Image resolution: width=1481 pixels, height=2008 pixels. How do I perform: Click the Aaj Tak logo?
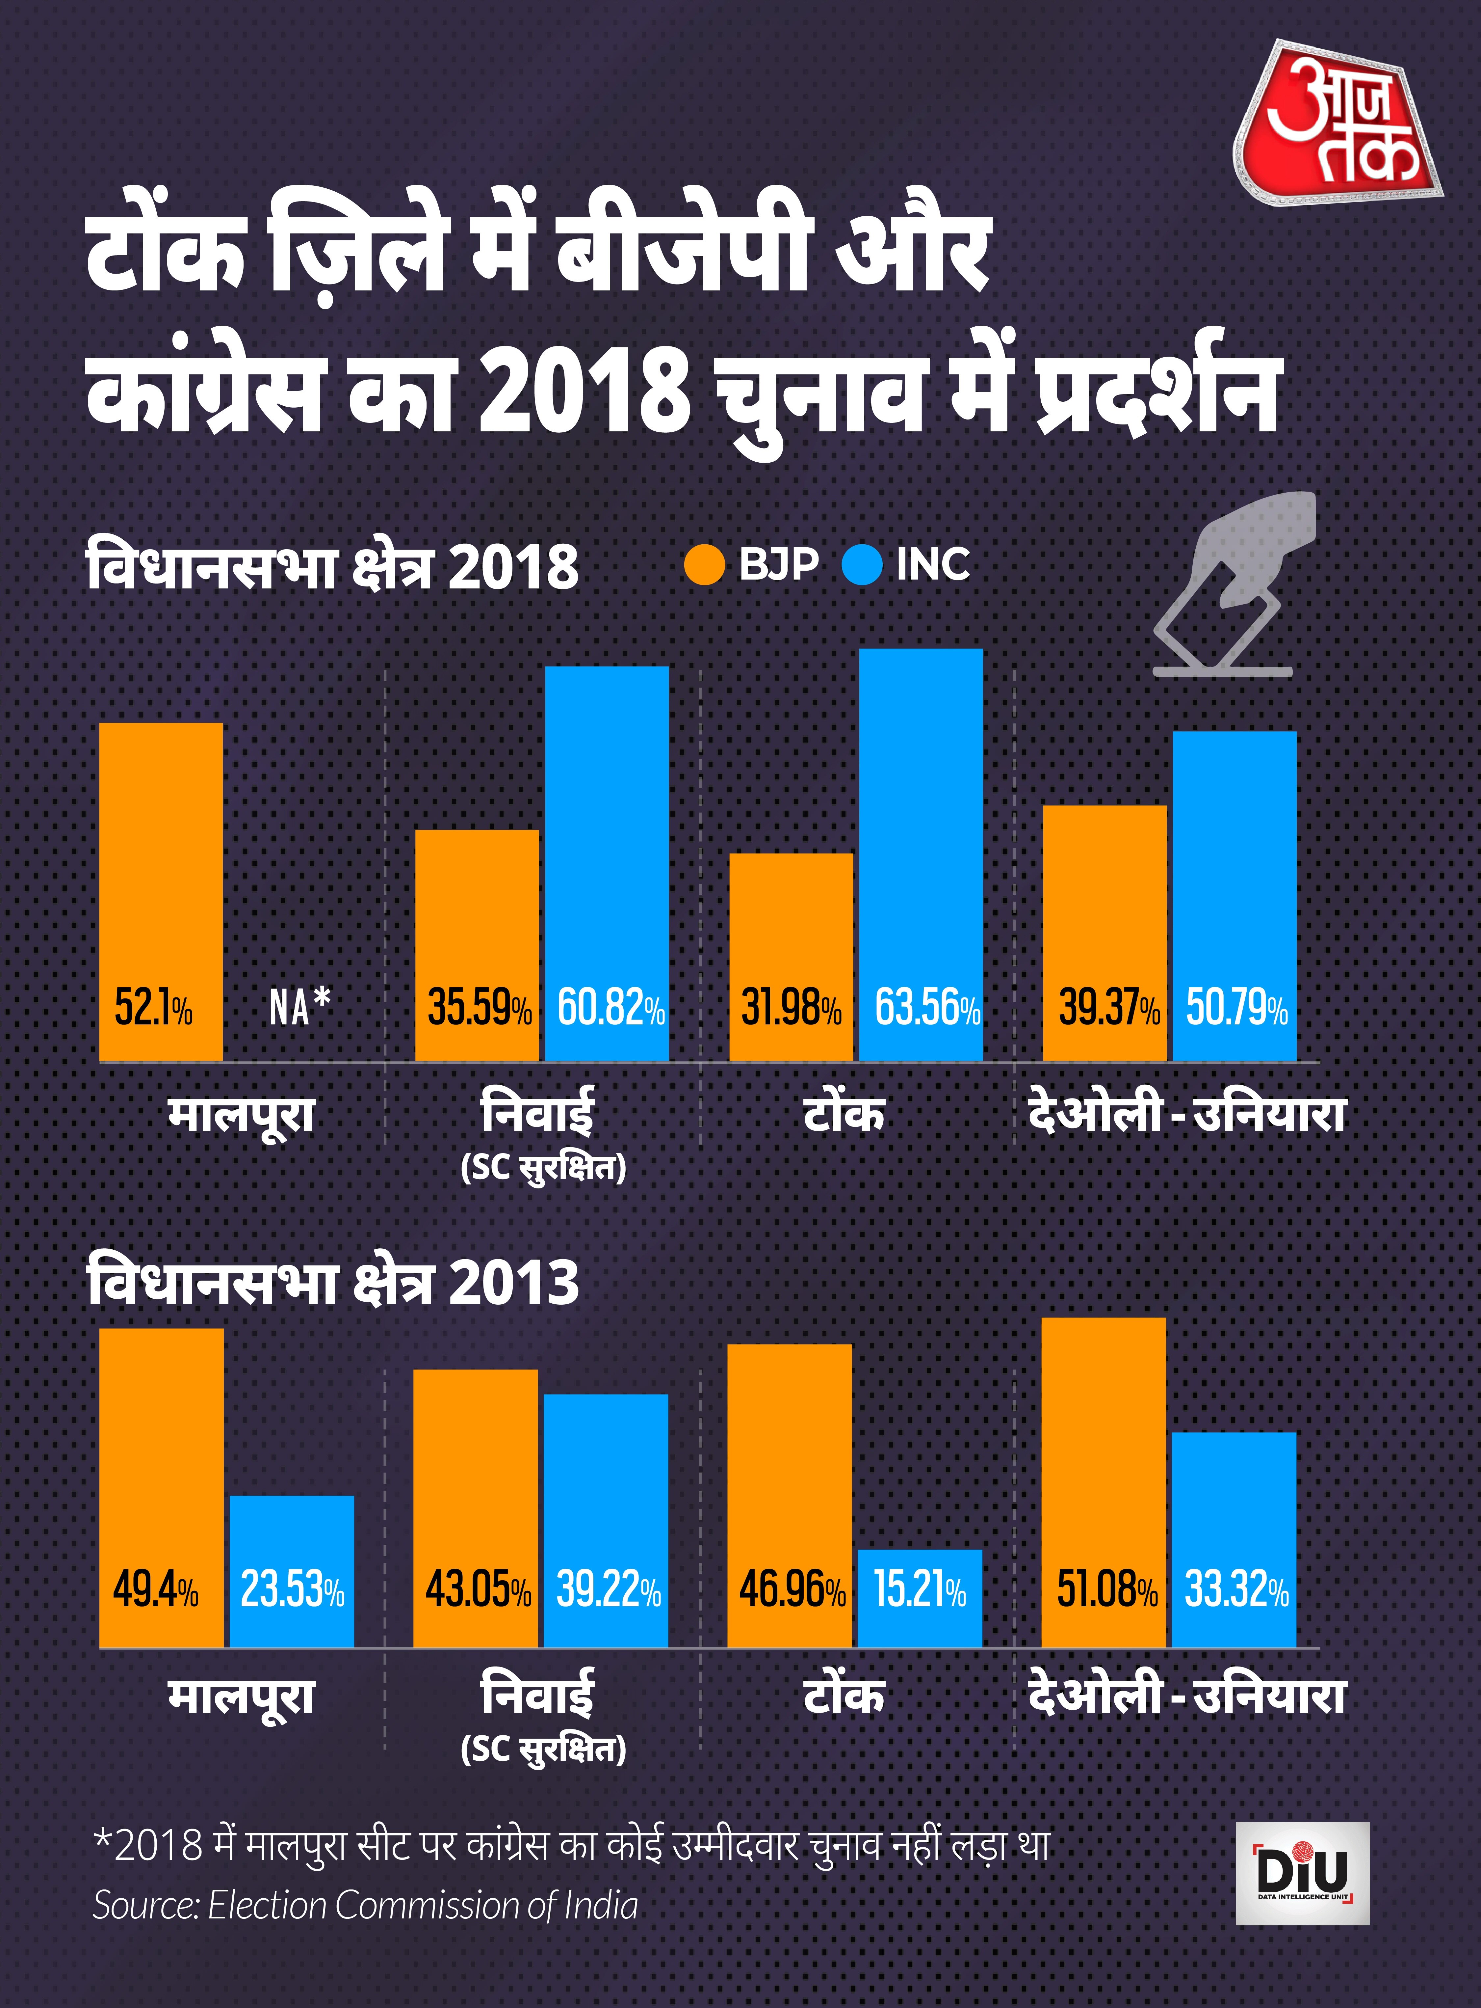[1338, 122]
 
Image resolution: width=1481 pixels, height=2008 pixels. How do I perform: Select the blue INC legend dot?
[862, 565]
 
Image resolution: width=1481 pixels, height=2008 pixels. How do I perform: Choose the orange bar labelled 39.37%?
[1104, 933]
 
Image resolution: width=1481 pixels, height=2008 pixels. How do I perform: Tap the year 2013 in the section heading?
[514, 1283]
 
